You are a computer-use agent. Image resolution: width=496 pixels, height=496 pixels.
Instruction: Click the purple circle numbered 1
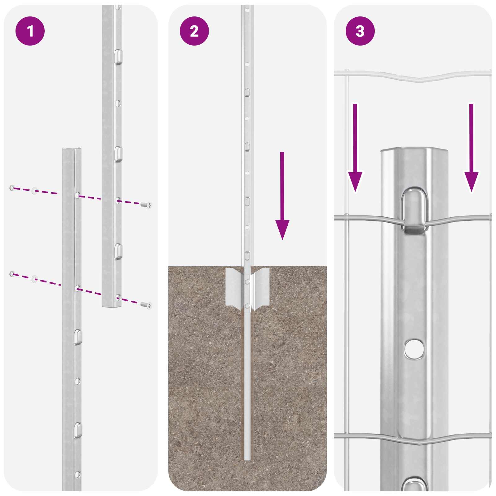point(30,31)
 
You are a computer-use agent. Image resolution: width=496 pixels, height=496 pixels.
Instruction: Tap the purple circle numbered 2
point(194,31)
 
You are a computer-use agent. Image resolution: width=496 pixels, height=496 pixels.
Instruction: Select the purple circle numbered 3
point(360,31)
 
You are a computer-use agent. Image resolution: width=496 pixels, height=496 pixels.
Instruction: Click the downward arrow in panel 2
point(282,195)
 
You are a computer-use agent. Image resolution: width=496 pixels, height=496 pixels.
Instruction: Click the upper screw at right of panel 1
point(146,205)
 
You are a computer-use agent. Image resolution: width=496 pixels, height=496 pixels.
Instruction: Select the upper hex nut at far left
point(12,188)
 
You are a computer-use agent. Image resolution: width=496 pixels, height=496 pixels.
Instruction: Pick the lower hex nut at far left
point(12,273)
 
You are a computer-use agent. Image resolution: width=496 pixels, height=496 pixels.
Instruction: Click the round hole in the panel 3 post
point(414,348)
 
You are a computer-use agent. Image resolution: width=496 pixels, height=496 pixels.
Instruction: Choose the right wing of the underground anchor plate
point(261,287)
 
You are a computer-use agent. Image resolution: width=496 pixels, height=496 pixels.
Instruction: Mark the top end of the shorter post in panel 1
point(72,150)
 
